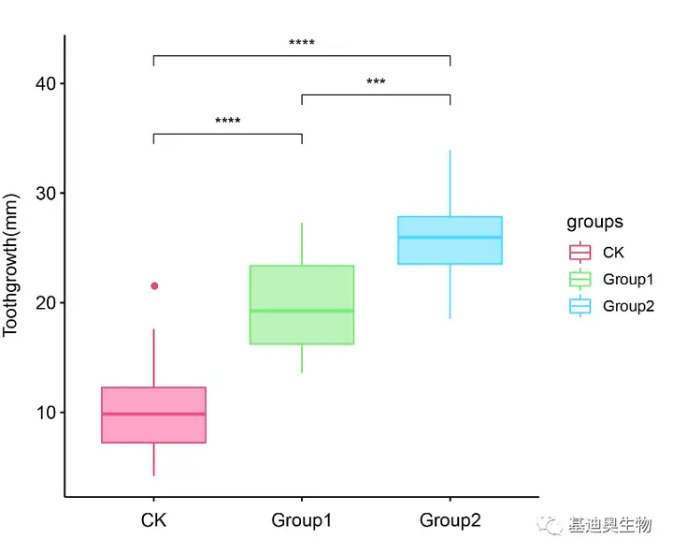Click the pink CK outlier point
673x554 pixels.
154,285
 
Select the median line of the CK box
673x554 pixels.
153,414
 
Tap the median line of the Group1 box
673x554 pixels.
302,311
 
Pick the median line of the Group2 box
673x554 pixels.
451,238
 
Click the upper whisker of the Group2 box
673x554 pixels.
451,183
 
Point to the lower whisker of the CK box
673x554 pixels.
153,459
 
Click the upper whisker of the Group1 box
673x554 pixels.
302,244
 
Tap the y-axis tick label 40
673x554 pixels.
46,83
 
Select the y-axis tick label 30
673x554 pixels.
46,194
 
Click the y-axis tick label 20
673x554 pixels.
46,303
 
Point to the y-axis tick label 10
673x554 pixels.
46,413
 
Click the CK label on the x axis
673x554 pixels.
153,520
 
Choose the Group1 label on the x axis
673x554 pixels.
302,520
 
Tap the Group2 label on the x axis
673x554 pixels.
451,520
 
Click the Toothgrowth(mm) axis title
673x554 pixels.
10,265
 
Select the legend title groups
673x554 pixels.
594,223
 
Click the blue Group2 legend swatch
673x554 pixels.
580,306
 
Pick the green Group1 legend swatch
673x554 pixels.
580,280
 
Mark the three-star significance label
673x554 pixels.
376,80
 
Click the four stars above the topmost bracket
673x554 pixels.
302,42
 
